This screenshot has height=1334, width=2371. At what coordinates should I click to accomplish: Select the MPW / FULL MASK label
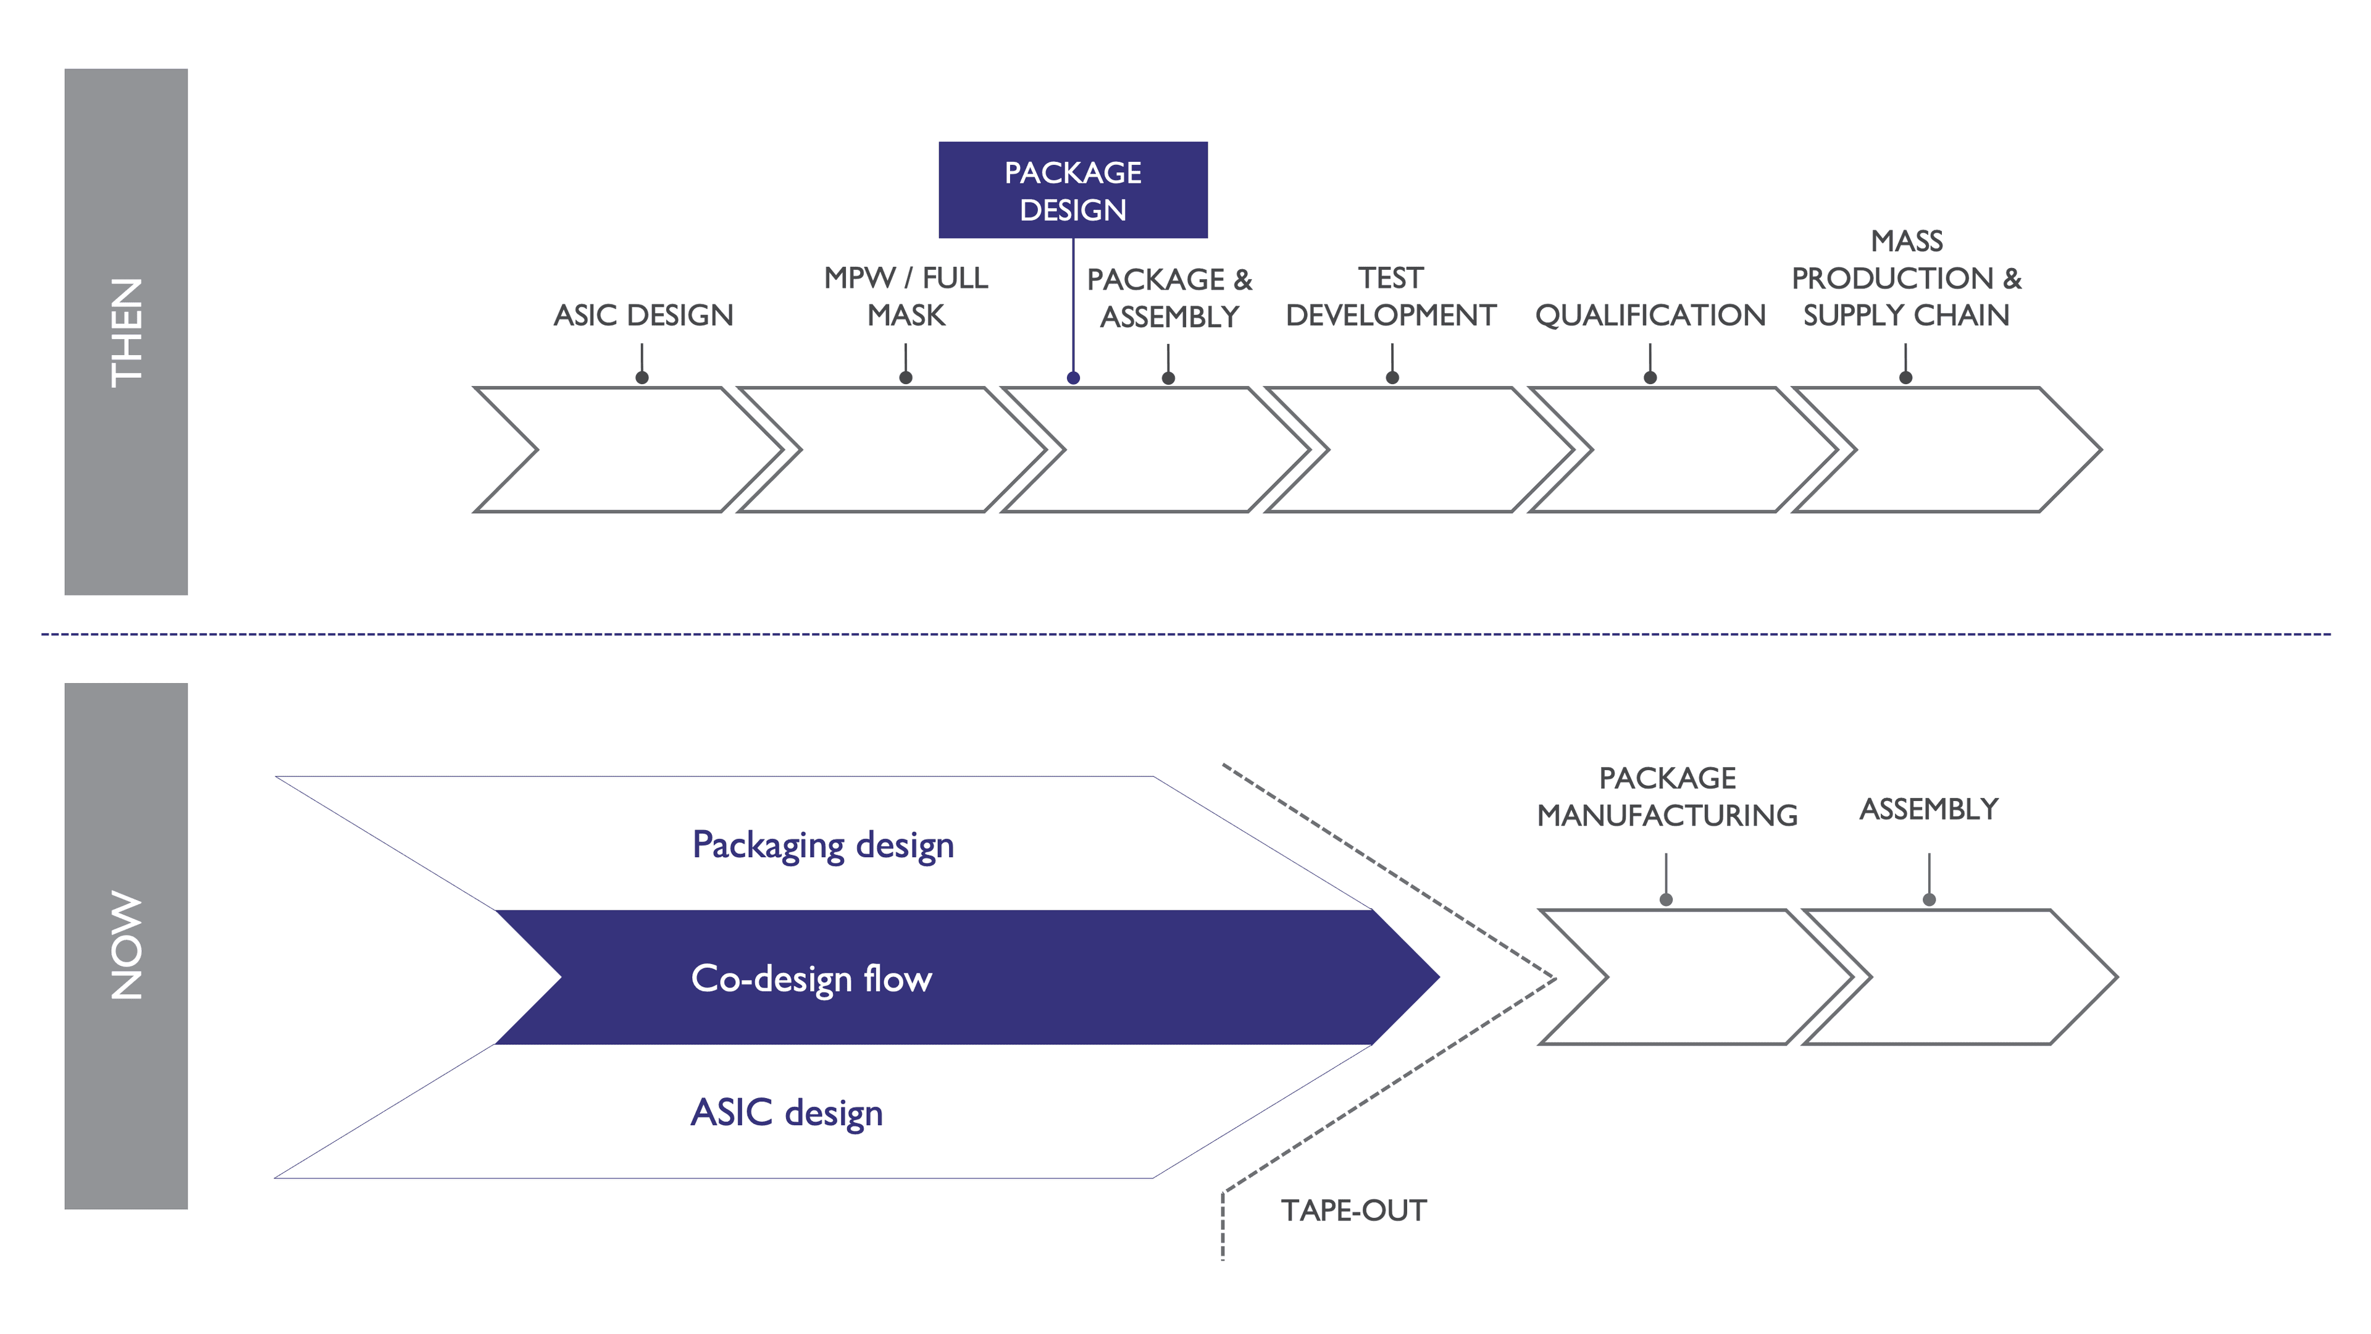906,296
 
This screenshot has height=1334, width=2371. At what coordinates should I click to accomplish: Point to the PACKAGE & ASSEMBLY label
1169,297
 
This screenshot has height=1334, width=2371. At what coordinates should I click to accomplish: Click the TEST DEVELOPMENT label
1390,296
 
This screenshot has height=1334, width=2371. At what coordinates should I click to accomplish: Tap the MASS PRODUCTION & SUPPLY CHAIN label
1906,278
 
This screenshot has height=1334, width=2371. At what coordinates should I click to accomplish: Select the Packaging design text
823,844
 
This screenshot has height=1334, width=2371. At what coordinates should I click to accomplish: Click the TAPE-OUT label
1353,1210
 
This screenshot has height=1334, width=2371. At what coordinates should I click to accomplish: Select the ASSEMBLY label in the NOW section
1928,809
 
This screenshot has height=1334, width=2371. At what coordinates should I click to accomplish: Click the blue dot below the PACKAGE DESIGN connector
1073,377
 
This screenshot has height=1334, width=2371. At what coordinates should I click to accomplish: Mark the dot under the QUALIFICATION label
1650,377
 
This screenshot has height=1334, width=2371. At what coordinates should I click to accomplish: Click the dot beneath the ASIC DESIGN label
642,377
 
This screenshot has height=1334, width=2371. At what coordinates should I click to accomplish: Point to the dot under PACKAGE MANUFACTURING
1666,899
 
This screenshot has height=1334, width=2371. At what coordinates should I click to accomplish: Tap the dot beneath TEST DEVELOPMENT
1392,377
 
